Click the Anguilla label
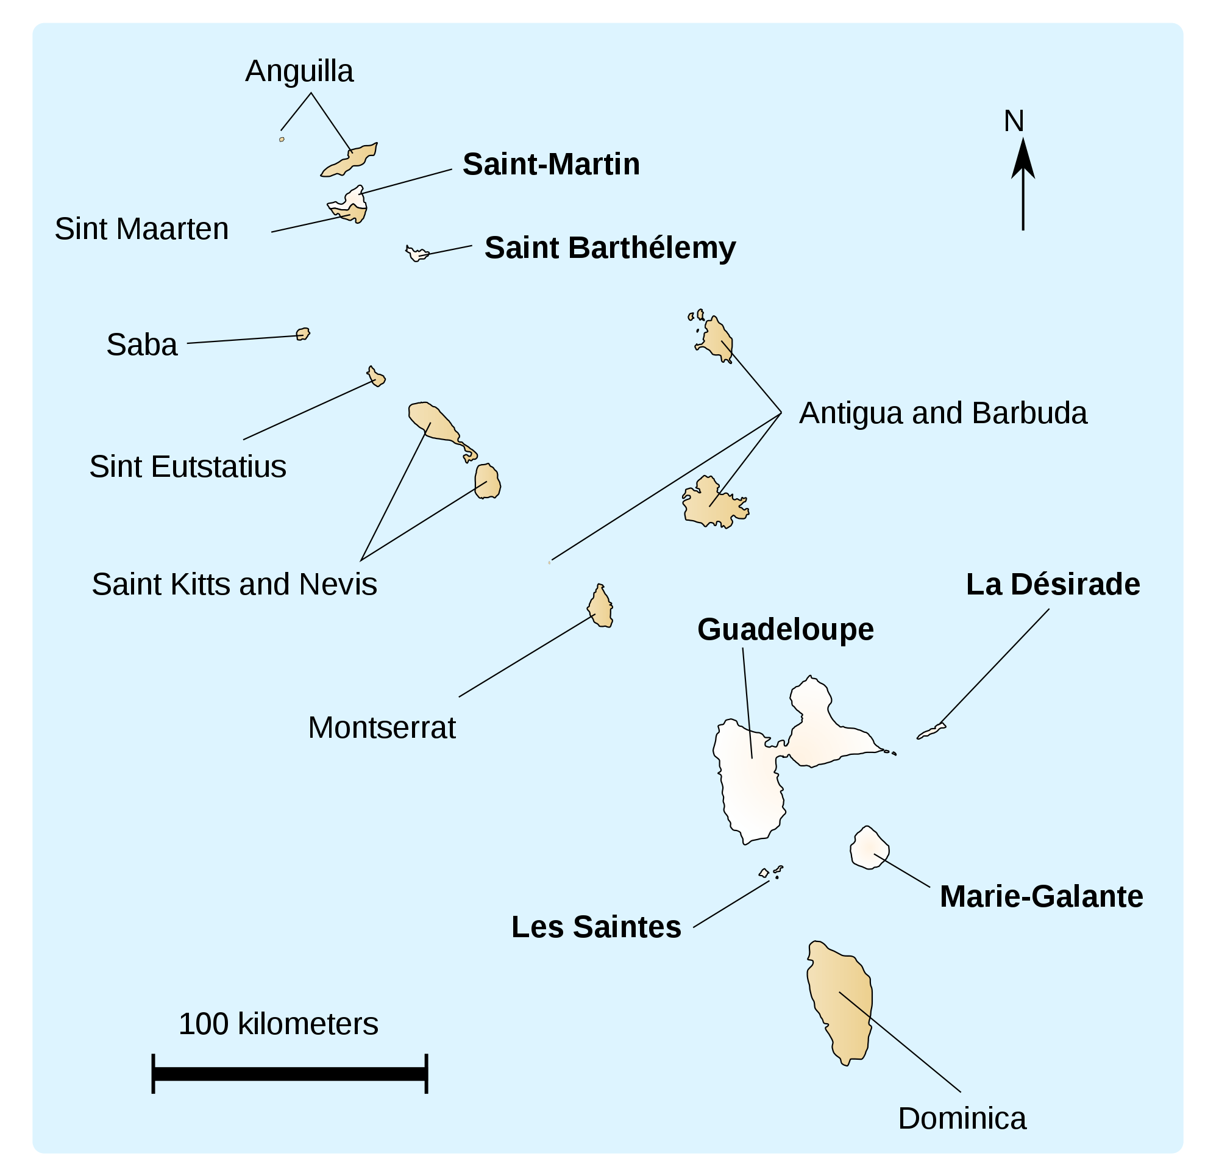(x=299, y=71)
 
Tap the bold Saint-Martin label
(x=551, y=165)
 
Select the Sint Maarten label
(x=141, y=229)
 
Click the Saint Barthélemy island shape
(x=416, y=254)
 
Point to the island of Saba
(x=303, y=334)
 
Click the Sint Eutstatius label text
(x=187, y=466)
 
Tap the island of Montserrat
(x=600, y=607)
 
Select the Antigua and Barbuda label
(x=942, y=413)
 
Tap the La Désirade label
(x=1052, y=585)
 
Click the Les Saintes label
(x=595, y=927)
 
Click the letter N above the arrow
(x=1013, y=121)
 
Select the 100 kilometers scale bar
(x=289, y=1074)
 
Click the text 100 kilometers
(x=278, y=1024)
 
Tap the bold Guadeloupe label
(x=785, y=630)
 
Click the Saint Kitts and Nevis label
(x=234, y=585)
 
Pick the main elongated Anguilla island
(x=349, y=161)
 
